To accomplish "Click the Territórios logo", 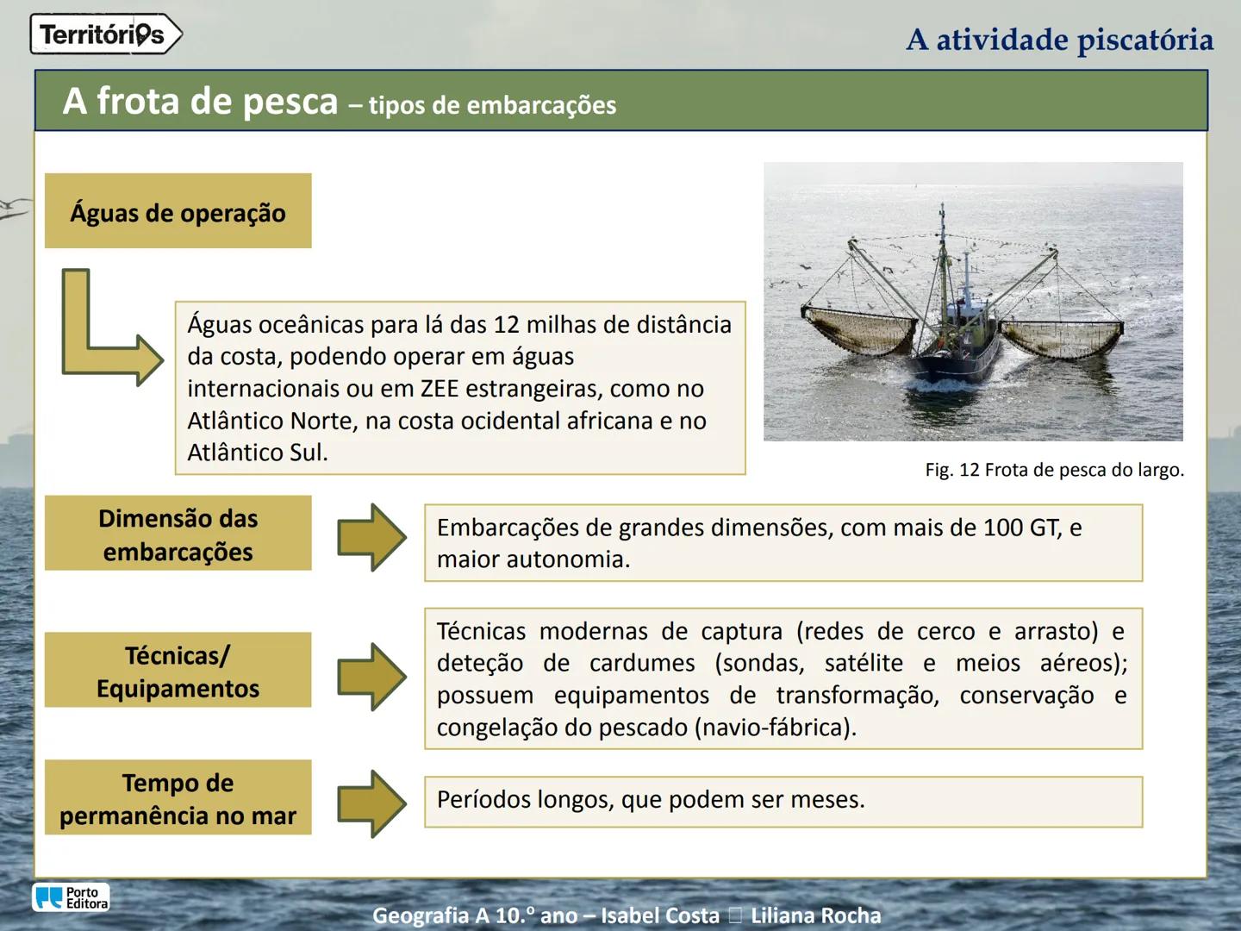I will click(x=105, y=34).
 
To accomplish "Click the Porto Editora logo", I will click(x=72, y=897).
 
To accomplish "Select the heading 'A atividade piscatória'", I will click(x=1059, y=40).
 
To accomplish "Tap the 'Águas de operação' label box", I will click(x=178, y=211).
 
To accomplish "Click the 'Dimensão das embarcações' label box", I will click(x=178, y=534).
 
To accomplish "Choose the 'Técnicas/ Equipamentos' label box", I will click(x=178, y=671).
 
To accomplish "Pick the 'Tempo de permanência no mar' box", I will click(x=178, y=798).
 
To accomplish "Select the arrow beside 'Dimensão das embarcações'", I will click(x=371, y=537).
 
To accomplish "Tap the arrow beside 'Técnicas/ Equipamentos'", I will click(x=371, y=677).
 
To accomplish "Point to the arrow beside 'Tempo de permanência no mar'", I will click(x=371, y=803).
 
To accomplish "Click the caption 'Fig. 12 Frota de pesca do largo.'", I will click(x=1054, y=471).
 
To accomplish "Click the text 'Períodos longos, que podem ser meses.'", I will click(x=651, y=800).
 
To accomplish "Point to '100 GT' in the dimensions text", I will click(x=1020, y=528).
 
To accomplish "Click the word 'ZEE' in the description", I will click(x=440, y=389).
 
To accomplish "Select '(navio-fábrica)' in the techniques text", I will click(x=775, y=728).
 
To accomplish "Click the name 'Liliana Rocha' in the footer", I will click(x=815, y=915).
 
